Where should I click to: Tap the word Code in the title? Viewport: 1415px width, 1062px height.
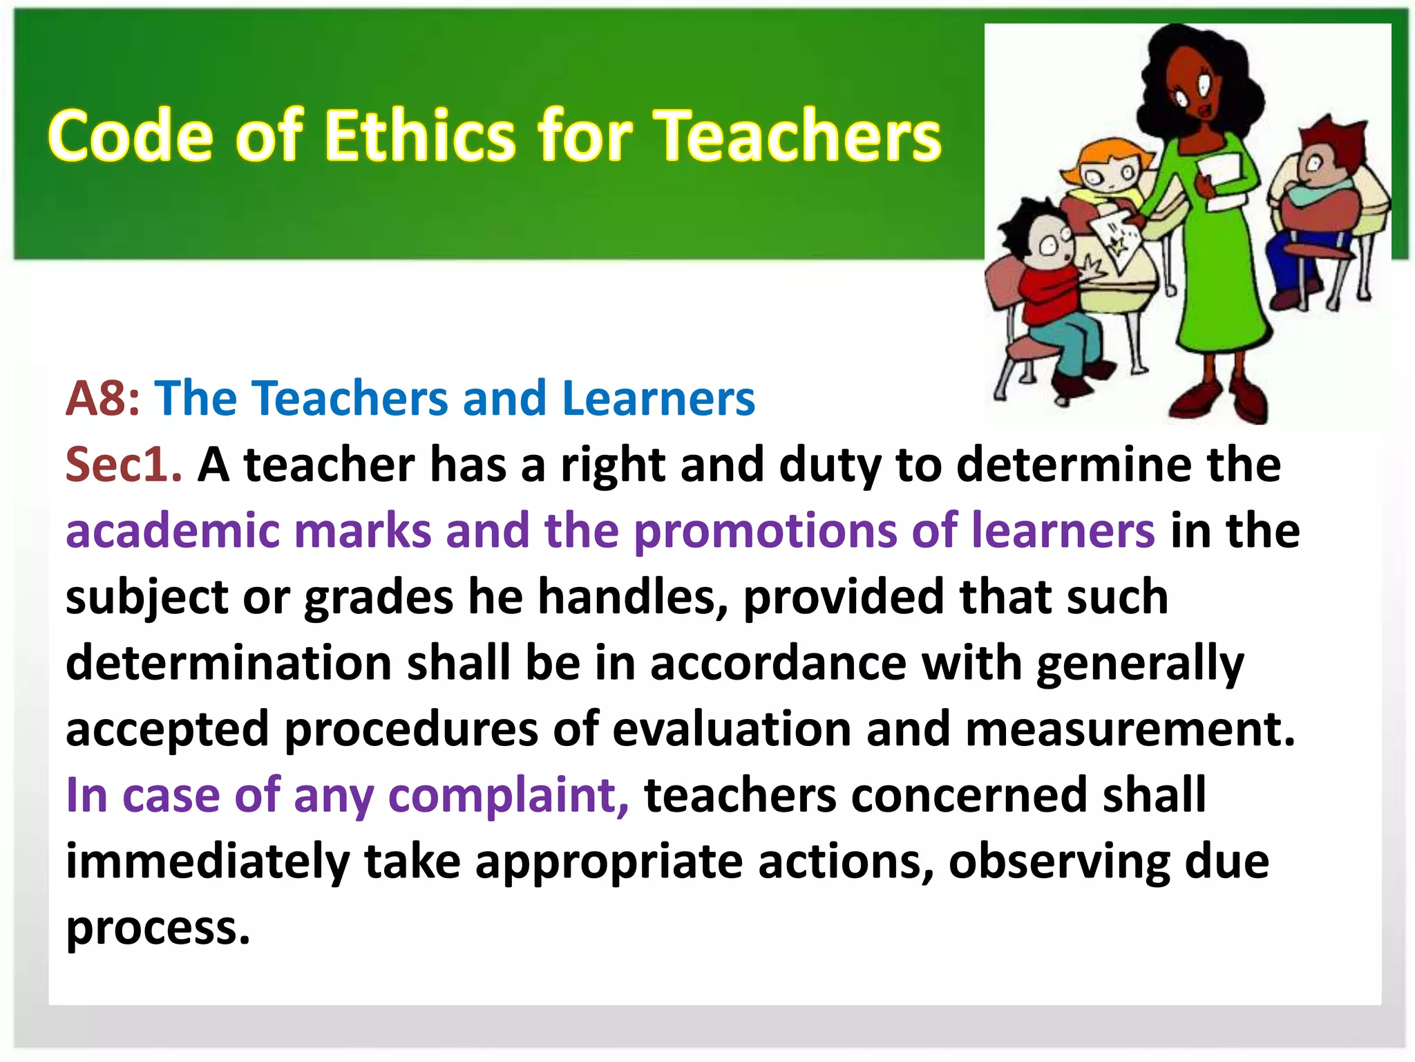(130, 136)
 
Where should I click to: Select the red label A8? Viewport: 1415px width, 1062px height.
(102, 399)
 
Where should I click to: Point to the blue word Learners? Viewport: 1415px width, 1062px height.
(658, 399)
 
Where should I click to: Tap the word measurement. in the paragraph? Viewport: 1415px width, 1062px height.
(1130, 729)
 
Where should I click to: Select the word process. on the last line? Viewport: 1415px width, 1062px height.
(158, 928)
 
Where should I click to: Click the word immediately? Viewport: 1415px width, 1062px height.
(207, 861)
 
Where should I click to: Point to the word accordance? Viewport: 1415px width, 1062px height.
(778, 663)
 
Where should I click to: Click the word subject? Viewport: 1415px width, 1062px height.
(146, 597)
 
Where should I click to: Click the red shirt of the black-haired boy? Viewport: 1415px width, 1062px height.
(1050, 290)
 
